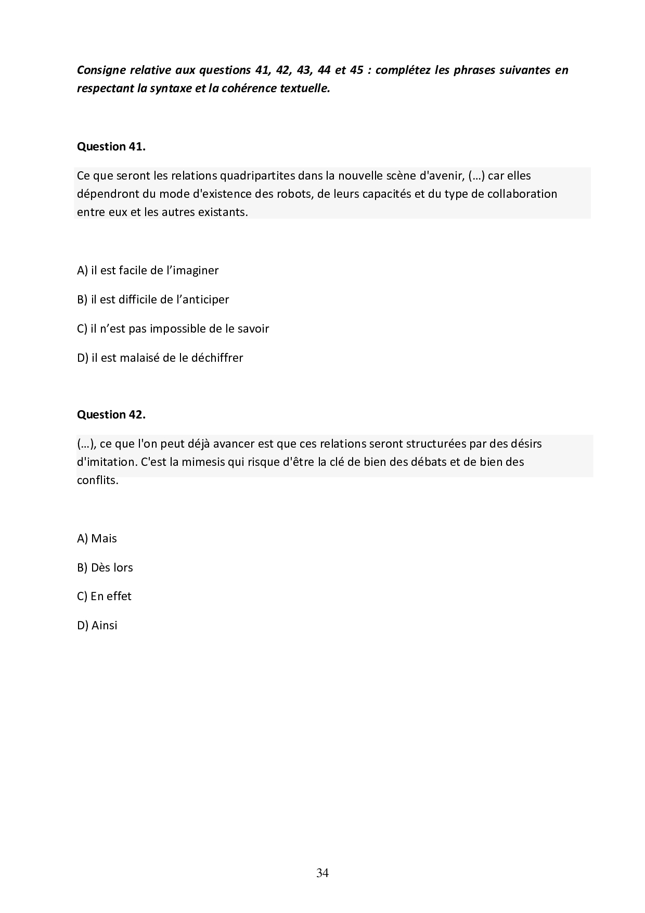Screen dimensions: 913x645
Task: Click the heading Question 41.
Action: tap(111, 147)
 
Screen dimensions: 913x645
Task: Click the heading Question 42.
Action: tap(111, 415)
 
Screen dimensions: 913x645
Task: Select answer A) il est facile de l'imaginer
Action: tap(148, 270)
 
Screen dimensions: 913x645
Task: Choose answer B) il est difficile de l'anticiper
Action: tap(153, 299)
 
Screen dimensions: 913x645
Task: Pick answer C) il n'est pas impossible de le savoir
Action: tap(173, 328)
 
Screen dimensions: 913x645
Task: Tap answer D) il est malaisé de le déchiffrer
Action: tap(160, 358)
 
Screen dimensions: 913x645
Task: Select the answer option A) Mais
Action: tap(97, 538)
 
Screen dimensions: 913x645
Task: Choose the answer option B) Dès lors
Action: tap(105, 567)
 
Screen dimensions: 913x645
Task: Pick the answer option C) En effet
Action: tap(104, 596)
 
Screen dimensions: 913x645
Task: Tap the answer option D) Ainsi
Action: tap(97, 625)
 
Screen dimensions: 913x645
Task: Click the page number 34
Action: tap(322, 873)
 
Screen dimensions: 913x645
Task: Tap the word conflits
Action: tap(98, 480)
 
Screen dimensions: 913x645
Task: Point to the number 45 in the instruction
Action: tap(356, 70)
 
